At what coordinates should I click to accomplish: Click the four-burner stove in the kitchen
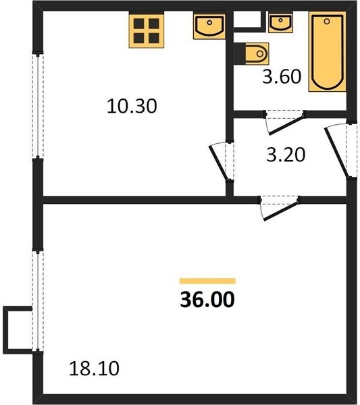click(147, 31)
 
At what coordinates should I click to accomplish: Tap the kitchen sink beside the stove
click(209, 26)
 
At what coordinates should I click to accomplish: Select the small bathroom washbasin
click(280, 23)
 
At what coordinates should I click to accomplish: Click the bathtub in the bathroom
click(327, 51)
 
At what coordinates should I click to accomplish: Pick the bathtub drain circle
click(327, 22)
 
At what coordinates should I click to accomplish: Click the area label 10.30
click(132, 106)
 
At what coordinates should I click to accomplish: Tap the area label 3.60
click(282, 76)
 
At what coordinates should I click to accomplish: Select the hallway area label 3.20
click(286, 155)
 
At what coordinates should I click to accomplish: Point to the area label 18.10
click(94, 369)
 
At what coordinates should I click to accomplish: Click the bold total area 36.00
click(207, 299)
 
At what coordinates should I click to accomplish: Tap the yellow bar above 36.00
click(207, 281)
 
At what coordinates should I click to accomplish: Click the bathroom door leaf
click(286, 126)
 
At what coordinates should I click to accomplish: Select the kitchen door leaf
click(219, 163)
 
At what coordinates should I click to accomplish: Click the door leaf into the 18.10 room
click(281, 211)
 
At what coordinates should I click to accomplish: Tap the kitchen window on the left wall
click(38, 106)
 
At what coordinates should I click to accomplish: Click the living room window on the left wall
click(38, 301)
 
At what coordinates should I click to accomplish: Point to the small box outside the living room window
click(18, 330)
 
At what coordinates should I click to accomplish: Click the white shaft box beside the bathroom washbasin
click(249, 22)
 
